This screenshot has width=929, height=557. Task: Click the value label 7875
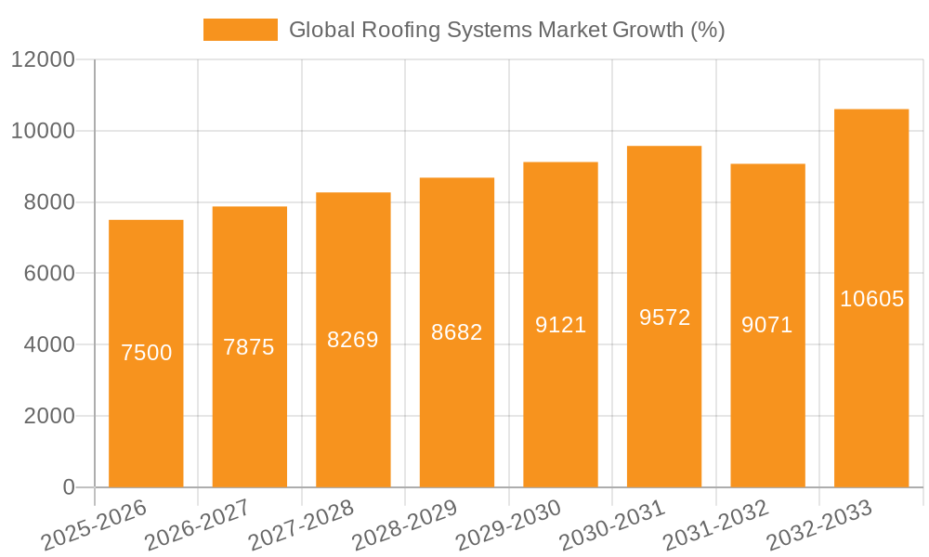[x=249, y=347]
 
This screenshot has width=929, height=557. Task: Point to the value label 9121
[x=560, y=325]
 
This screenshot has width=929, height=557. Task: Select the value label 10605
[x=871, y=299]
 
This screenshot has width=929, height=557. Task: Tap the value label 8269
[x=353, y=340]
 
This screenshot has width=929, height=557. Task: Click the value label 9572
[x=664, y=317]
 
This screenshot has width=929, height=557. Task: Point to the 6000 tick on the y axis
[x=49, y=274]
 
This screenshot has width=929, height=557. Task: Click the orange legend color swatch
[x=240, y=30]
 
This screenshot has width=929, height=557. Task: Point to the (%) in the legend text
[x=707, y=30]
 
